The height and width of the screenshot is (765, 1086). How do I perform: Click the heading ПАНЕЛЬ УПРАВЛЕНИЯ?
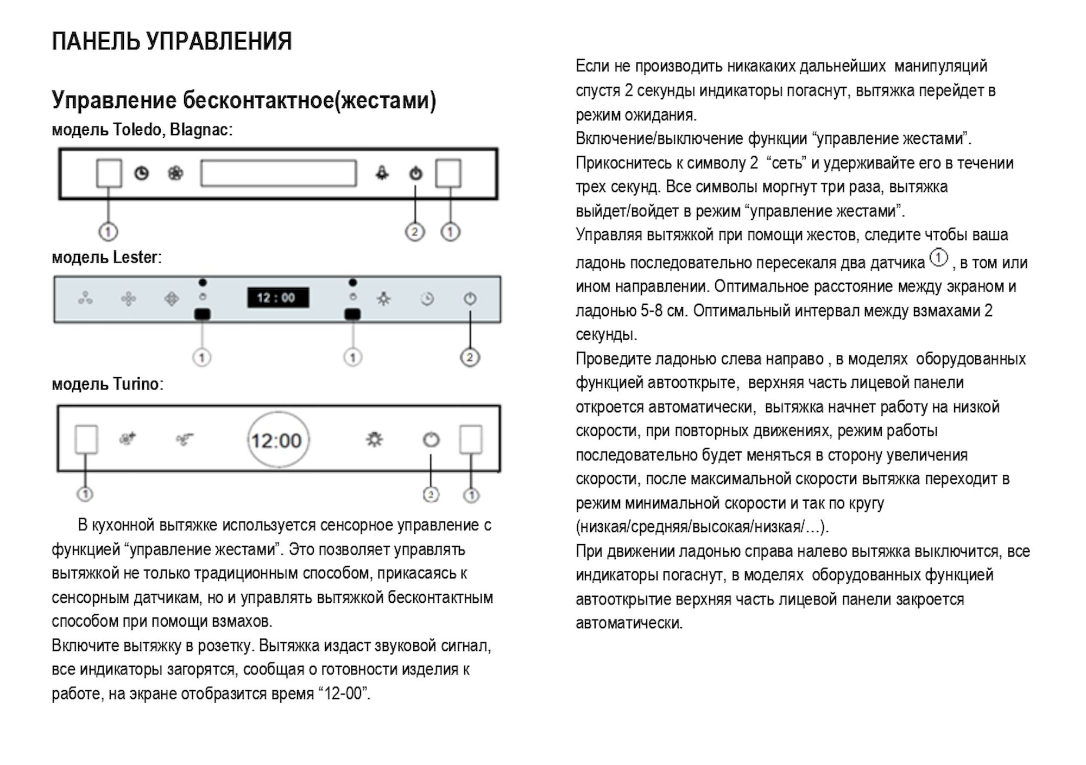(172, 42)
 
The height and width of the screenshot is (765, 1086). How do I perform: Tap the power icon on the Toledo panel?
(415, 174)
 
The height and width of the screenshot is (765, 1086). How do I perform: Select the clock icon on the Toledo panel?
(142, 173)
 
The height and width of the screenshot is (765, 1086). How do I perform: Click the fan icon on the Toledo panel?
(175, 173)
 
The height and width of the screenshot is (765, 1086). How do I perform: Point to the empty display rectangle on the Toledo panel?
(279, 173)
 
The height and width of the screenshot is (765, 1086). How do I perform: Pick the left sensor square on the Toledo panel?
(109, 173)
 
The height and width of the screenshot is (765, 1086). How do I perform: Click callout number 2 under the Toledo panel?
(415, 232)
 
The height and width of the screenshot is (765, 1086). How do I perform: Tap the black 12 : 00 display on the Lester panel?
(278, 298)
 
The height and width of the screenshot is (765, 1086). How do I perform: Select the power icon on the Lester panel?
(470, 298)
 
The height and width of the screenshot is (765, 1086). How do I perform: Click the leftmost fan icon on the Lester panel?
(85, 298)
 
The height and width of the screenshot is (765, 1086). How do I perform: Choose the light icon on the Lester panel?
(384, 298)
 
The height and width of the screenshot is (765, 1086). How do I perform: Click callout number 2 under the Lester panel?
(470, 358)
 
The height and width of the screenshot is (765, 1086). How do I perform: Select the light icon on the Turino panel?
(374, 439)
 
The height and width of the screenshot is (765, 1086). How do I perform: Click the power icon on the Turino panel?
(431, 439)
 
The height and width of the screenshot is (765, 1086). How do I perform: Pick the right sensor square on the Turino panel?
(470, 439)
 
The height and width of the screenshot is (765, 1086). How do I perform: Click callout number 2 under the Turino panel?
(431, 495)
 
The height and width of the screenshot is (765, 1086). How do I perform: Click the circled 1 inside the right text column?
(939, 258)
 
